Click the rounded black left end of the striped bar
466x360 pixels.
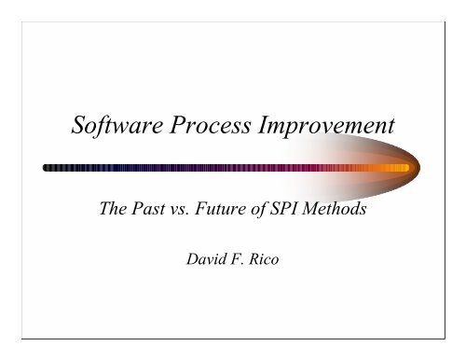pyautogui.click(x=48, y=168)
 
